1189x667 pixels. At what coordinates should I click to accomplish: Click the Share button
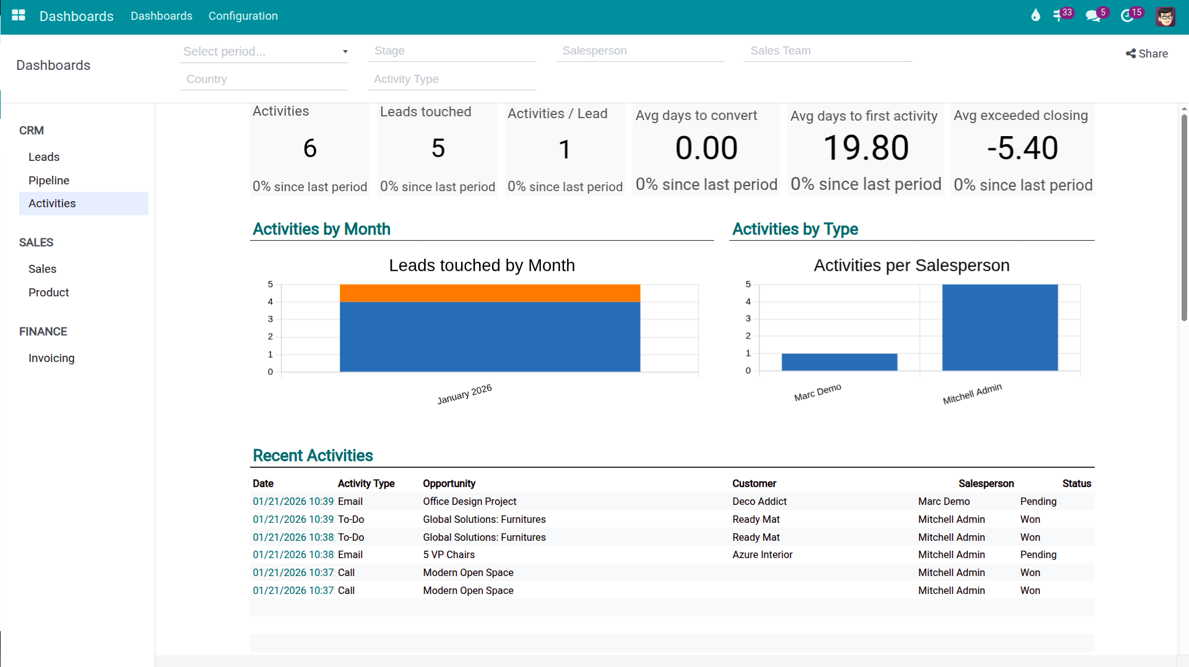1146,54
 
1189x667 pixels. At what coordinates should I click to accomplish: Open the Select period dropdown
264,51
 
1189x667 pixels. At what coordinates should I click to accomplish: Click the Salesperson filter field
639,51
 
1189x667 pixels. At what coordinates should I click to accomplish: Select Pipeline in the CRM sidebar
49,180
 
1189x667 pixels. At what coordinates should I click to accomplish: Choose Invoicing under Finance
51,358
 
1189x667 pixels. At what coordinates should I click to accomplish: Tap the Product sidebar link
48,293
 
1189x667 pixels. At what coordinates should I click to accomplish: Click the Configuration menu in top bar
243,16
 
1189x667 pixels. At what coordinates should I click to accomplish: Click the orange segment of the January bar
490,293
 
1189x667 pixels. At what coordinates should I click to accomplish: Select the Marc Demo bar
839,362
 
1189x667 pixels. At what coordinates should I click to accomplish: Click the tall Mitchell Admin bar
1000,327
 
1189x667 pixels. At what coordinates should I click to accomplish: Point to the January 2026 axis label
464,394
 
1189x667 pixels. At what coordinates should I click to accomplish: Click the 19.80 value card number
865,148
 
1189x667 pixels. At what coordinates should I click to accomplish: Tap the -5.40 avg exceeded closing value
1023,148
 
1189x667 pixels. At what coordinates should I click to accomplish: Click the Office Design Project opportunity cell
469,502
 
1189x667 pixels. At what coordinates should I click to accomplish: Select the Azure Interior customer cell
762,555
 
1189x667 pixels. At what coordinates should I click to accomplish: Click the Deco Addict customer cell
759,502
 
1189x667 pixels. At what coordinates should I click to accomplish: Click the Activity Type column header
366,484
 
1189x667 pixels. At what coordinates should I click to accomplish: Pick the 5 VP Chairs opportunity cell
449,555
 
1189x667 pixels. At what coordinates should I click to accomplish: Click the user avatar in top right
1165,17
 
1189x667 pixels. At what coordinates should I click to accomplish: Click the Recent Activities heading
313,456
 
